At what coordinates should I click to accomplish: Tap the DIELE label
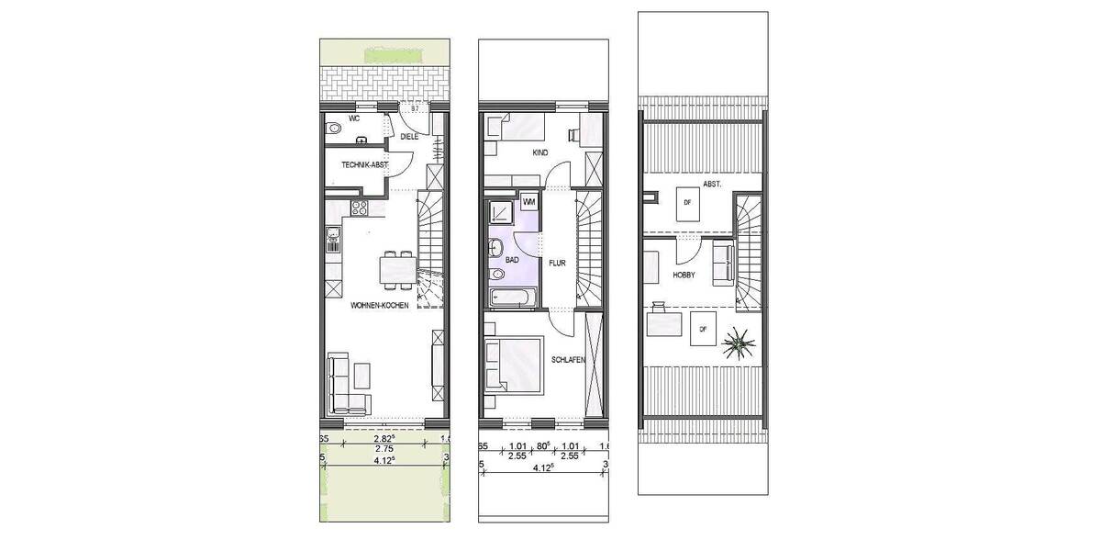pyautogui.click(x=408, y=137)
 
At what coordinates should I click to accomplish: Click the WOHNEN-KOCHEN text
pyautogui.click(x=378, y=307)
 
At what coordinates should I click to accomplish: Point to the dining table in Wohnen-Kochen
pyautogui.click(x=397, y=270)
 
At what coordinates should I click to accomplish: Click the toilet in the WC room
pyautogui.click(x=332, y=129)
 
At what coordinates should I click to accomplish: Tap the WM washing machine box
pyautogui.click(x=528, y=201)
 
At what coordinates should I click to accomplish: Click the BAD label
pyautogui.click(x=512, y=260)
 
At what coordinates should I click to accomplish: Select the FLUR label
pyautogui.click(x=557, y=262)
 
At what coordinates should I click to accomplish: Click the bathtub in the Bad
pyautogui.click(x=512, y=297)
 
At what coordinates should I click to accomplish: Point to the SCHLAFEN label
pyautogui.click(x=569, y=360)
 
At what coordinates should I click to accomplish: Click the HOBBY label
pyautogui.click(x=684, y=275)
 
